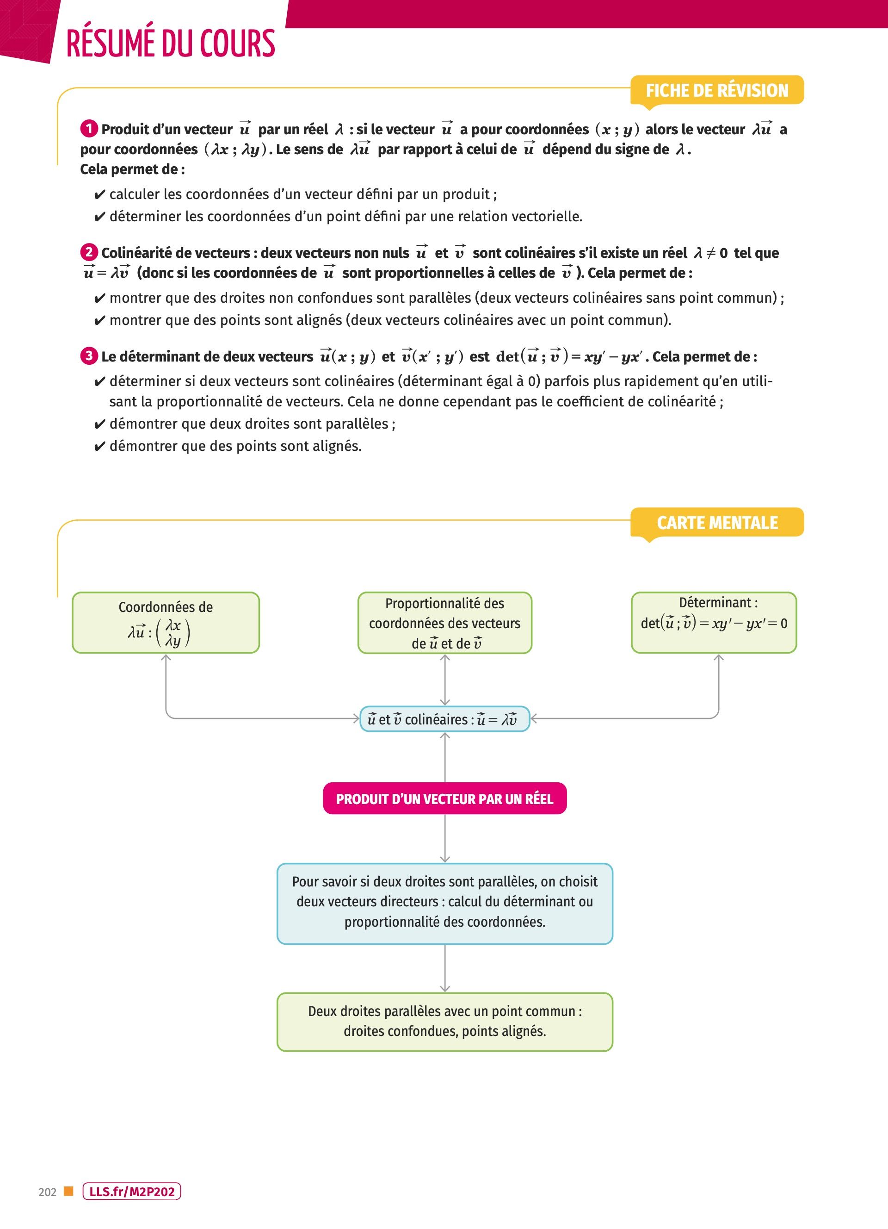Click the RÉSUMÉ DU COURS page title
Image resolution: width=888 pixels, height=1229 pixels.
tap(171, 44)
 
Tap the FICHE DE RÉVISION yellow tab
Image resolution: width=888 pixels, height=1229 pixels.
tap(717, 90)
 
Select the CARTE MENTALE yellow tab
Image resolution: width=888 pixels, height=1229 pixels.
tap(717, 522)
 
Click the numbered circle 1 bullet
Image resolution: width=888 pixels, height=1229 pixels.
tap(89, 129)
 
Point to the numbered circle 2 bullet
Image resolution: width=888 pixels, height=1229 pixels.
tap(89, 253)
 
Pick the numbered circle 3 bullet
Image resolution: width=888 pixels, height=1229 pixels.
tap(89, 356)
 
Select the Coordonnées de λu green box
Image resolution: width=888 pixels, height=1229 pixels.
tap(166, 622)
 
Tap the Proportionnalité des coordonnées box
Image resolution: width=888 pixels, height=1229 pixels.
tap(444, 623)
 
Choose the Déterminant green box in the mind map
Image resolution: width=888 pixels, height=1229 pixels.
tap(714, 622)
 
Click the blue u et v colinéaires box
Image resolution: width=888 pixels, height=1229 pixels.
tap(444, 719)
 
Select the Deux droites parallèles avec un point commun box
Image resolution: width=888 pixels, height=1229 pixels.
tap(444, 1022)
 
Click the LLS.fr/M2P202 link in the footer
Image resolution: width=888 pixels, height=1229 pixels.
tap(131, 1192)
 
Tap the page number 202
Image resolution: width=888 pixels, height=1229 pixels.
tap(48, 1192)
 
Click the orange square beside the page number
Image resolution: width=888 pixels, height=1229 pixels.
tap(68, 1191)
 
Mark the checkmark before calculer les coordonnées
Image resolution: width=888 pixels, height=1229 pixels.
tap(99, 195)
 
